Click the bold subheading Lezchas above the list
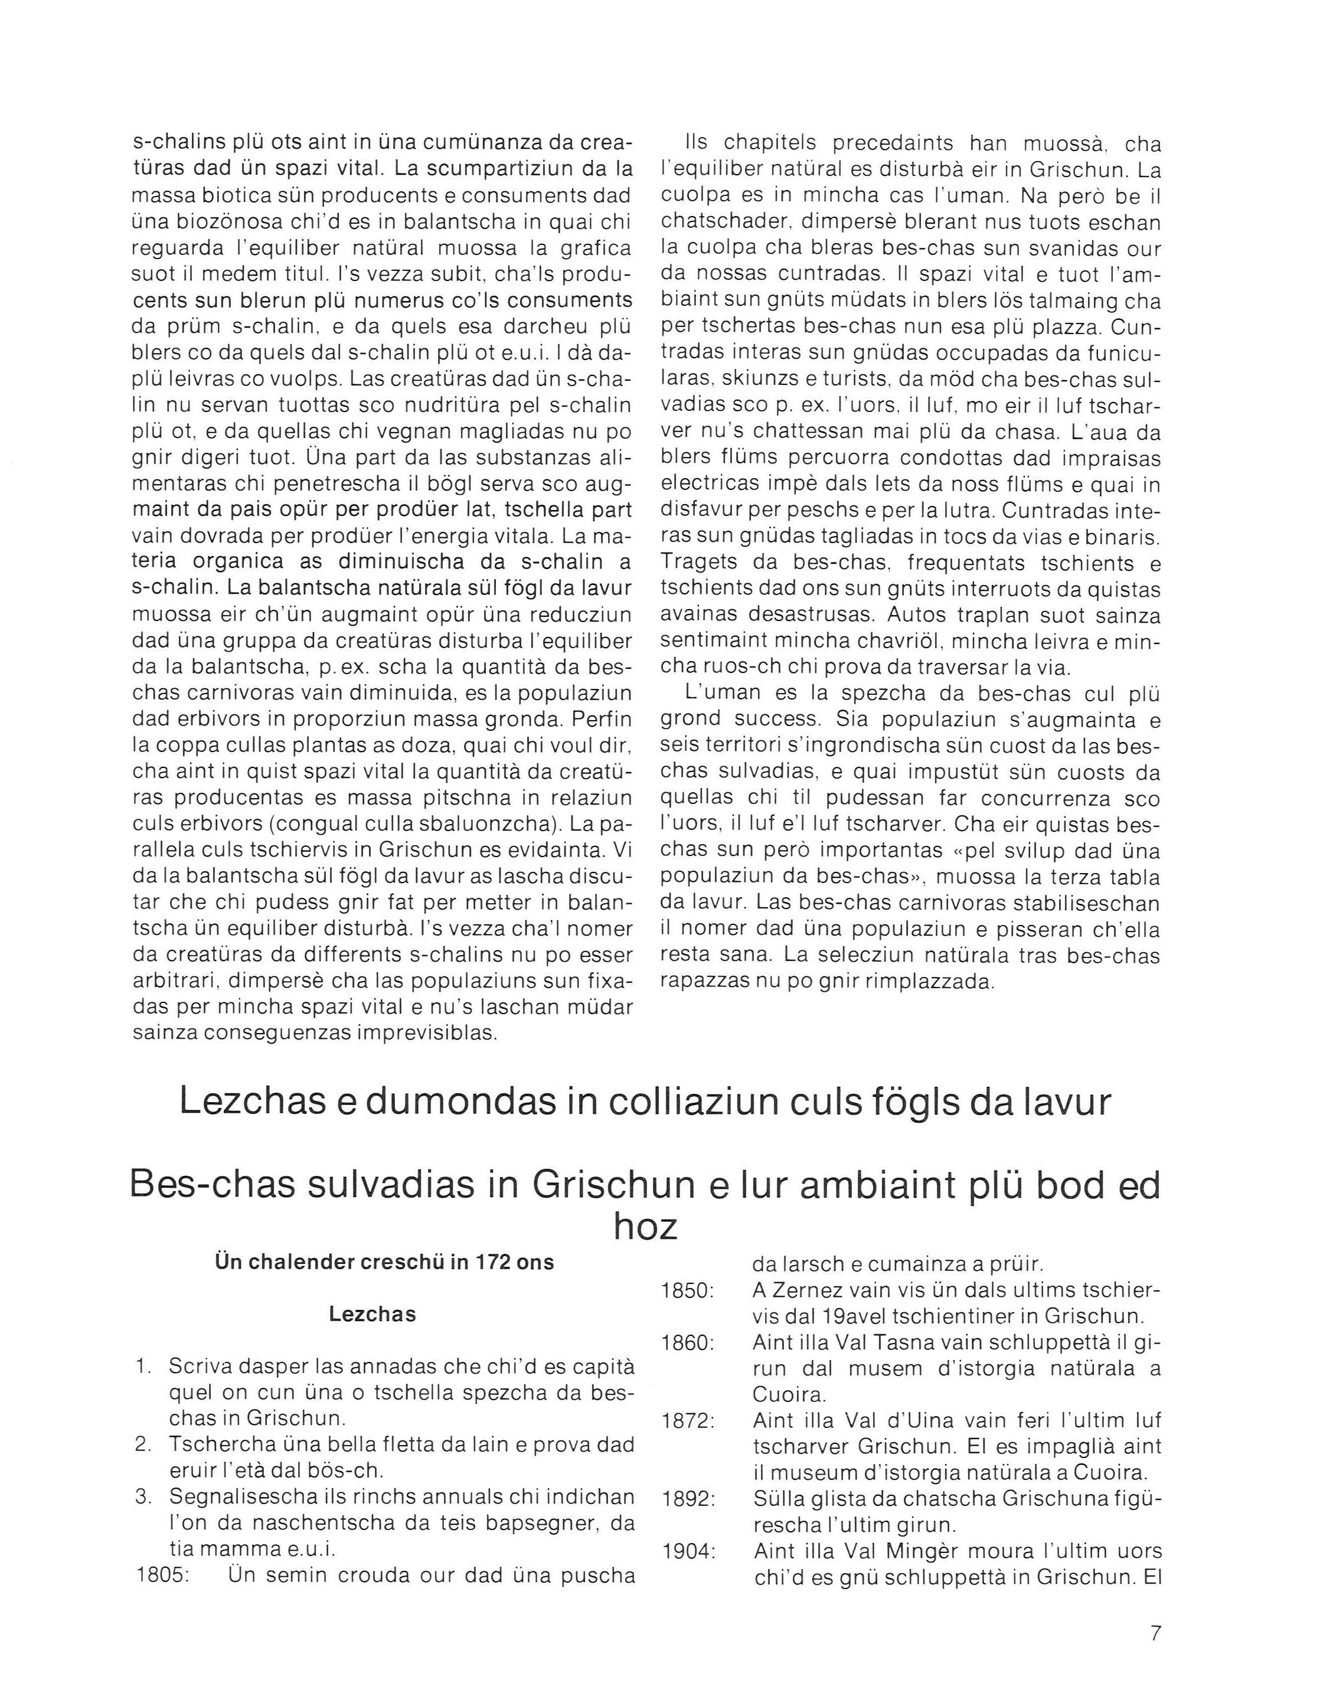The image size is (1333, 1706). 372,1314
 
